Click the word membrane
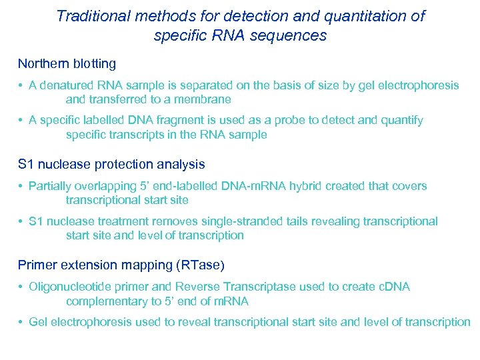202,99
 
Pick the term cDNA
393,287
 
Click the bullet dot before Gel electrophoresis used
22,322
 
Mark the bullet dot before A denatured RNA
22,85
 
